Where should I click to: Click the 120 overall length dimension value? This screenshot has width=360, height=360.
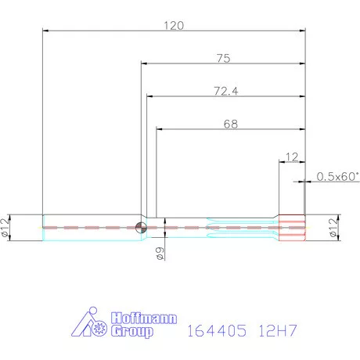click(173, 25)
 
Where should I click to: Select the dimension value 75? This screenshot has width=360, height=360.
click(224, 57)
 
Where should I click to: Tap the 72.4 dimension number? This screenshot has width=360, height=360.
click(225, 91)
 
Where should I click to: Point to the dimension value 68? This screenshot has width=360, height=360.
click(230, 124)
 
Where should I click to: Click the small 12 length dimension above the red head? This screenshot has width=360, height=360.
click(291, 157)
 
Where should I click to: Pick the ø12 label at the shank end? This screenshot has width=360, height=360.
click(6, 228)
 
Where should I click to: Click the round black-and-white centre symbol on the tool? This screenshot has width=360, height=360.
click(141, 228)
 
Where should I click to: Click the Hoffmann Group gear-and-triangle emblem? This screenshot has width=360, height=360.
click(91, 325)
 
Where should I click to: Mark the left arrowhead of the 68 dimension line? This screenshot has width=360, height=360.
click(160, 129)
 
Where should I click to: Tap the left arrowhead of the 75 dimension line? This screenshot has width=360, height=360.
click(145, 63)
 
